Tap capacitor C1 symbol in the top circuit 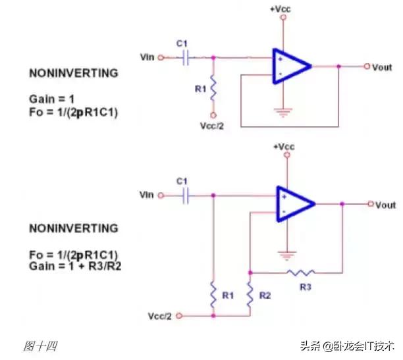point(186,57)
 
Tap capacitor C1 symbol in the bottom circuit point(187,195)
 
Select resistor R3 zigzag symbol point(301,270)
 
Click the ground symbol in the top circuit point(284,113)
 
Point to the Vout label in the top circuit point(383,66)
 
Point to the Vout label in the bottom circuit point(385,205)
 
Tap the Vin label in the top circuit point(148,57)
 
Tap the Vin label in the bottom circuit point(147,195)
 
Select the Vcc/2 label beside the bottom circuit point(161,316)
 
